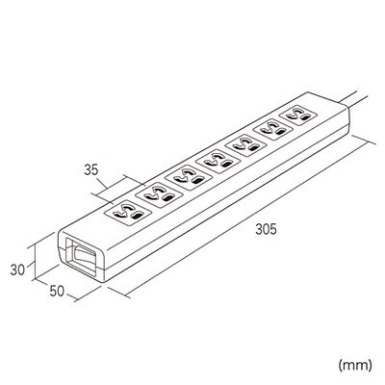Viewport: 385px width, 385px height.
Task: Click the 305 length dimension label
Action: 266,229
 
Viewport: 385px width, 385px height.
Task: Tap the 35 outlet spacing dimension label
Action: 91,169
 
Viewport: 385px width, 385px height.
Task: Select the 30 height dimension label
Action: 17,269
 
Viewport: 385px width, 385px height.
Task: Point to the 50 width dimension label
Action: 57,291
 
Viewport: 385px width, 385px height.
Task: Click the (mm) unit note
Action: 355,365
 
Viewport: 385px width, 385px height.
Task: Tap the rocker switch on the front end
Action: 85,256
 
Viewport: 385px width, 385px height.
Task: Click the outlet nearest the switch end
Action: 128,212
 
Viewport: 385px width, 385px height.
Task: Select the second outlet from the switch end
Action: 159,194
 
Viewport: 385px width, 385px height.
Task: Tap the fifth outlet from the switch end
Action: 245,145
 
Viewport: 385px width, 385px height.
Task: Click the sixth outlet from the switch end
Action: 273,129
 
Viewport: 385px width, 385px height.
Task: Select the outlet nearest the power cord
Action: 298,116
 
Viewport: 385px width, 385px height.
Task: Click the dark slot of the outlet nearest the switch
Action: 137,217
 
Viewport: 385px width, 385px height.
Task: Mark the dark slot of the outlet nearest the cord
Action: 305,119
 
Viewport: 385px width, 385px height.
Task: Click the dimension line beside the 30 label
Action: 35,262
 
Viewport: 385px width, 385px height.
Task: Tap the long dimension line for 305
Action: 246,218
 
